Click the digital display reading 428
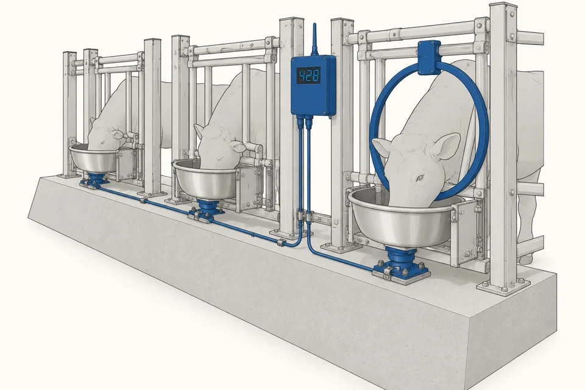[x=309, y=76]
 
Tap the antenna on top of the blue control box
[x=314, y=39]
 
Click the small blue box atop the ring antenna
[x=429, y=57]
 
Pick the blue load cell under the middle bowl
[x=205, y=211]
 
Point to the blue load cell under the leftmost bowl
[x=95, y=179]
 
